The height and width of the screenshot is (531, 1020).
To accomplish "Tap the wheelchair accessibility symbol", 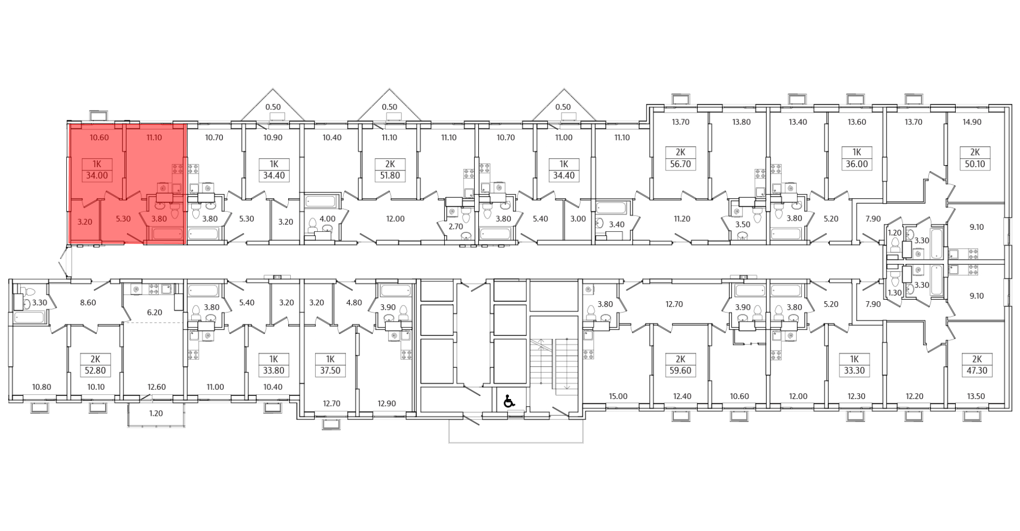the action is tap(508, 402).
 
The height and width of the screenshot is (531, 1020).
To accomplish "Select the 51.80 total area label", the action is tap(390, 176).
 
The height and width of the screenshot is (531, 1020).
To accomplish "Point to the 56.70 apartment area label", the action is tap(680, 164).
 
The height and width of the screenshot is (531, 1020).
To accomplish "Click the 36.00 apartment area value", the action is tap(856, 164).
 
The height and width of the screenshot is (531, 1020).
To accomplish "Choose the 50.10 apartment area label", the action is tap(975, 164).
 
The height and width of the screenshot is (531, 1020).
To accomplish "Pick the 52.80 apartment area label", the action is tap(95, 370).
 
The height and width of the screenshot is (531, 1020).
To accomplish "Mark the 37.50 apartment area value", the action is tap(330, 370).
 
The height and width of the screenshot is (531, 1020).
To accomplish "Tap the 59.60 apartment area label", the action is tap(680, 370).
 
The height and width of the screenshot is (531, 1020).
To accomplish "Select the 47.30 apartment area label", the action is tap(976, 370).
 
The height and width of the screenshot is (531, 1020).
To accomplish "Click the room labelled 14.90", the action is tap(972, 122).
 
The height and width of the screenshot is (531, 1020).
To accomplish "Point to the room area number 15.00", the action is tap(618, 396).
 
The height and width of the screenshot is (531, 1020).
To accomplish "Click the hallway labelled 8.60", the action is tap(88, 302).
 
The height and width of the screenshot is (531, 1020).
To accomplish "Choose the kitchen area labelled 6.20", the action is tap(154, 312).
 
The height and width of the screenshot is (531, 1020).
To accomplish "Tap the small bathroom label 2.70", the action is tap(455, 226).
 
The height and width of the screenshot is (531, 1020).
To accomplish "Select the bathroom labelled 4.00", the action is tap(327, 219).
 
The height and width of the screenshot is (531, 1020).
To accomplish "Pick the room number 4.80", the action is tap(354, 302).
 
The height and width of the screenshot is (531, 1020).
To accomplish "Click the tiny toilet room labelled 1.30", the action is tap(894, 293).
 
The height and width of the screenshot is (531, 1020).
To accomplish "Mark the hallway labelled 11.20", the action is tap(681, 219).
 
